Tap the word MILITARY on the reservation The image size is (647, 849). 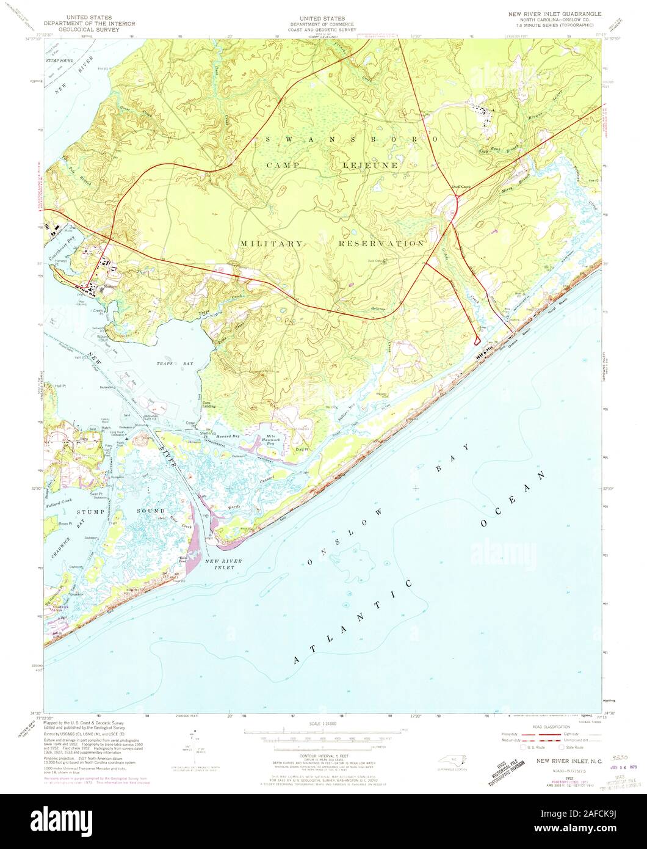[270, 243]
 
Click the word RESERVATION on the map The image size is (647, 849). [381, 243]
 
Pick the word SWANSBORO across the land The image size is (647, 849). [351, 139]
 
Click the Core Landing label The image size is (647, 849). [210, 404]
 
